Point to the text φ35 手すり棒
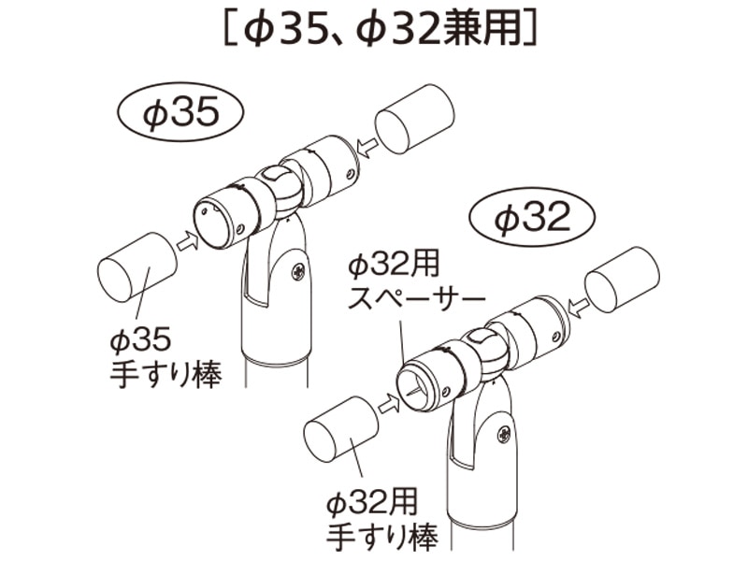(x=165, y=359)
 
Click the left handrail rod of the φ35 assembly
(x=136, y=268)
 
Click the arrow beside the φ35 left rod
(x=187, y=241)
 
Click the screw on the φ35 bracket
(x=297, y=272)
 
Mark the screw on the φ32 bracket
(x=504, y=434)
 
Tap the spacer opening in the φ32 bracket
(x=419, y=384)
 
